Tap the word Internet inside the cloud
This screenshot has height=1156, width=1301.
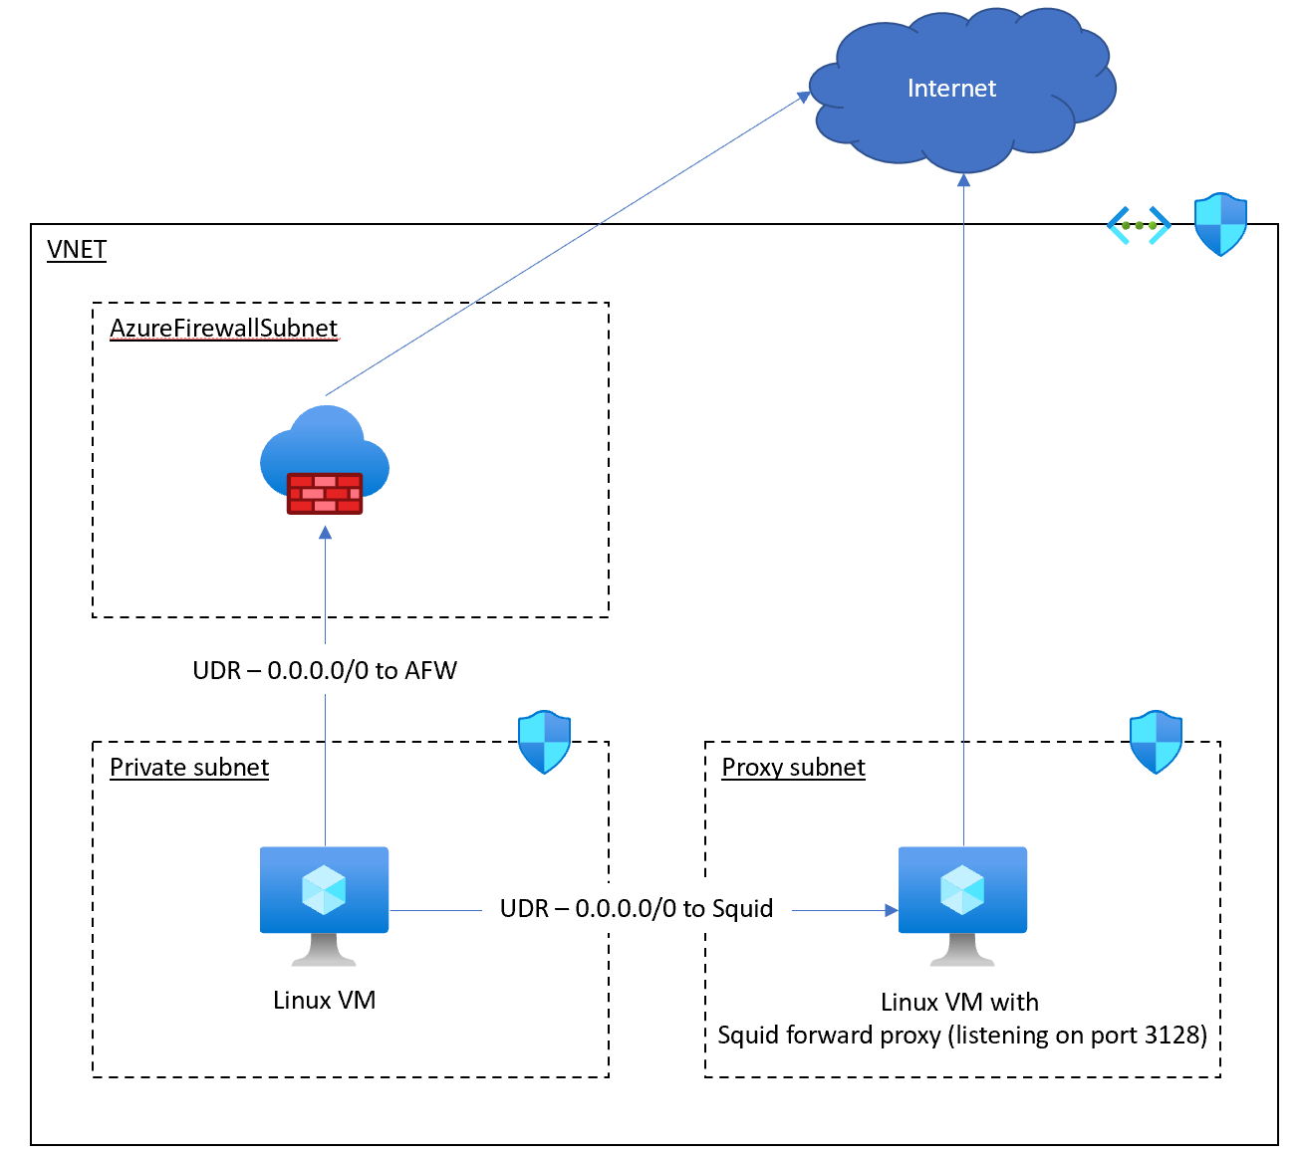coord(951,89)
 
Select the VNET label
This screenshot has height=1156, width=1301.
coord(77,249)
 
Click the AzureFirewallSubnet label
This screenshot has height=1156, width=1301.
coord(223,329)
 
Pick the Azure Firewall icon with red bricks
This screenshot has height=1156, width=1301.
coord(325,461)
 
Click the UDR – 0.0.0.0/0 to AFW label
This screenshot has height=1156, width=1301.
coord(325,670)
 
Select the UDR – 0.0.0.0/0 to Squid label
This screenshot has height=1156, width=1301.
coord(637,908)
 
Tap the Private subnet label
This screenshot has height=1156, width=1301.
coord(189,768)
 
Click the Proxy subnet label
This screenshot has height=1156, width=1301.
coord(793,768)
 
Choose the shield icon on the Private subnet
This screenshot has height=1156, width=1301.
coord(544,742)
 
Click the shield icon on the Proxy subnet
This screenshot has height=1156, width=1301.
coord(1156,742)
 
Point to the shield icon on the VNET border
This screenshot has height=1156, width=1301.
coord(1220,224)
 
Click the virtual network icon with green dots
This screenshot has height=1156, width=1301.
coord(1139,225)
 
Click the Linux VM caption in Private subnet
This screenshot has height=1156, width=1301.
coord(325,1000)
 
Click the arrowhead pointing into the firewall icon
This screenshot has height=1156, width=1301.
coord(325,533)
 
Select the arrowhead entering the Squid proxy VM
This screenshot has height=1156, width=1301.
coord(891,910)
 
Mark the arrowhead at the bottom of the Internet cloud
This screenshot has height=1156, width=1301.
coord(963,180)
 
